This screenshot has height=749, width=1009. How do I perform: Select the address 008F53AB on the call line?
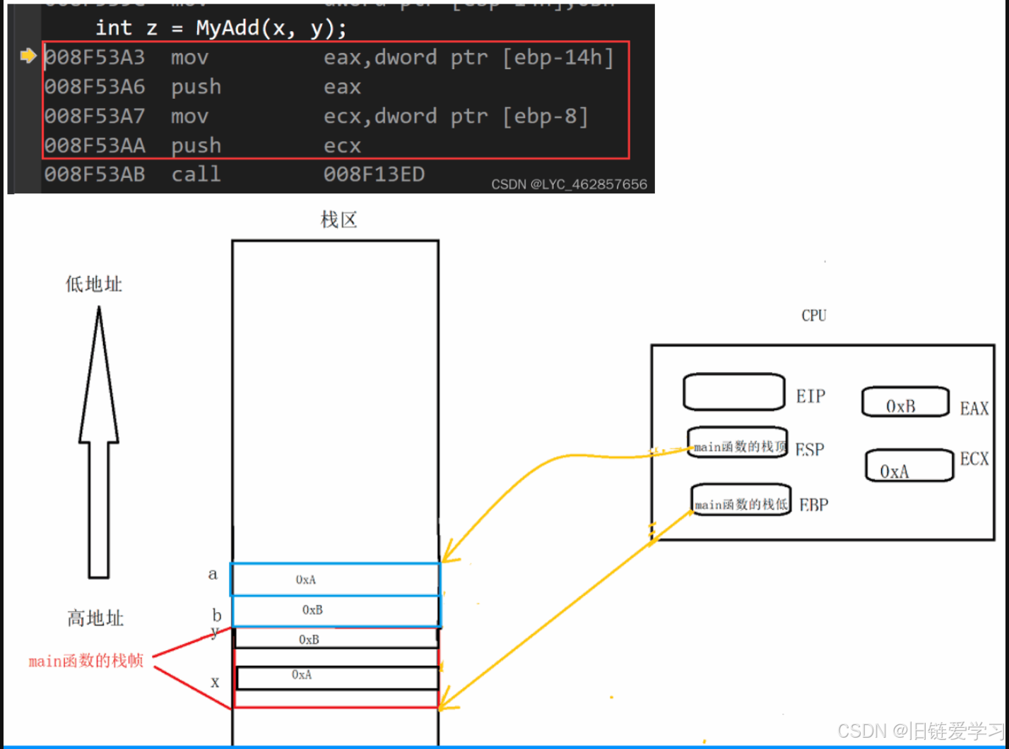(x=95, y=174)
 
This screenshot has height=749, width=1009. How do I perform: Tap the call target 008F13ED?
(x=374, y=174)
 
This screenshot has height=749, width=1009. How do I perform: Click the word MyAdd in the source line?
(x=226, y=28)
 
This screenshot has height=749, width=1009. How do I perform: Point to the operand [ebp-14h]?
(x=557, y=57)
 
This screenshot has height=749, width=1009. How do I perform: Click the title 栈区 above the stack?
(x=339, y=220)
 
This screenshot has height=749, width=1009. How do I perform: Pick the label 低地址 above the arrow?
(x=94, y=284)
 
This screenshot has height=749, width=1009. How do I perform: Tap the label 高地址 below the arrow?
(x=95, y=619)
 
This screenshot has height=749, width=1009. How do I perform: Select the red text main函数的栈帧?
(x=86, y=661)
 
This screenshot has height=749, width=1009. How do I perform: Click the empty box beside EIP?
(x=733, y=392)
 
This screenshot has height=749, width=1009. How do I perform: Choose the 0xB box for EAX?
(x=904, y=402)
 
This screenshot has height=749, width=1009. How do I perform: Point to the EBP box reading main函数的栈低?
(x=740, y=501)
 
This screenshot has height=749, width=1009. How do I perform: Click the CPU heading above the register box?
(x=813, y=316)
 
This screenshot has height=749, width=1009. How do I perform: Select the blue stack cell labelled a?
(x=336, y=580)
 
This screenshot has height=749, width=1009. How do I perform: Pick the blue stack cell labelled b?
(x=336, y=611)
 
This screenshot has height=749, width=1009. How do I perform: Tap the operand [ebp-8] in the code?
(x=545, y=116)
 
